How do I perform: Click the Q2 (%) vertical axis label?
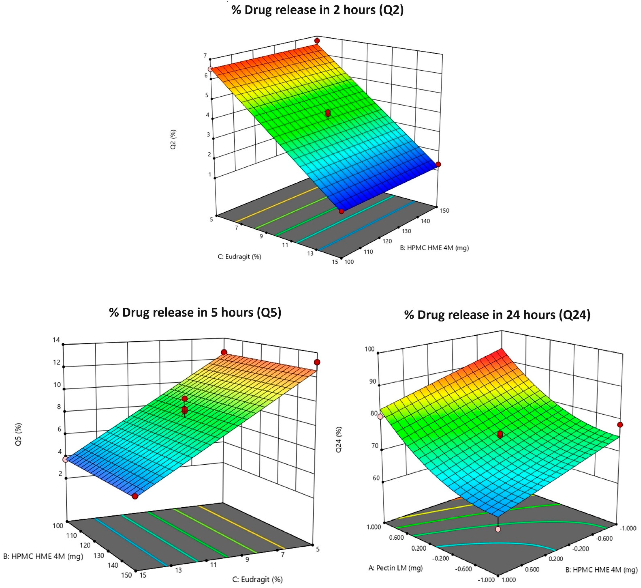(173, 139)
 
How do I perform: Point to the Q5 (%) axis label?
(18, 434)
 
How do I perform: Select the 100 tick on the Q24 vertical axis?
(370, 349)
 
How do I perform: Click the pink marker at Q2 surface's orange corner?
(210, 69)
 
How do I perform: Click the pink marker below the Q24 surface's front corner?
(498, 529)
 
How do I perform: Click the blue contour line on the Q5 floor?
(130, 544)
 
